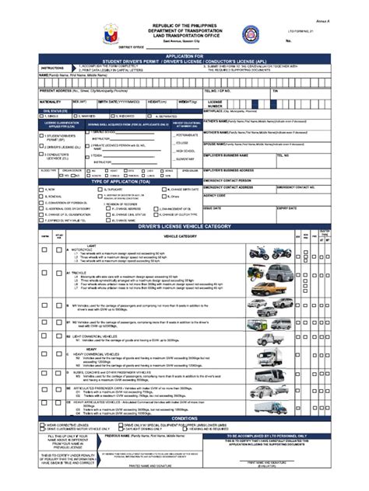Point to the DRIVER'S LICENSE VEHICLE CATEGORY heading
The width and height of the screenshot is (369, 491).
click(184, 226)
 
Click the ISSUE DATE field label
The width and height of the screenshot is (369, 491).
click(213, 208)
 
